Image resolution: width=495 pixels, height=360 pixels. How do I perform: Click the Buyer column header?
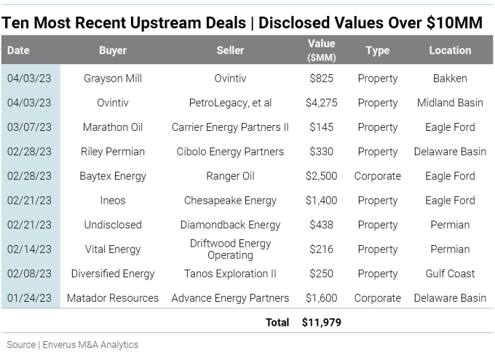112,50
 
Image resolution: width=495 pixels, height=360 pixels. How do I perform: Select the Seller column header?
230,50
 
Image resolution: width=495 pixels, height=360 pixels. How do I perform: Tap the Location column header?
449,50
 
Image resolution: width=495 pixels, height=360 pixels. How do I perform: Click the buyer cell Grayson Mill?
112,79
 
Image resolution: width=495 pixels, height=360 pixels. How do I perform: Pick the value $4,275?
321,103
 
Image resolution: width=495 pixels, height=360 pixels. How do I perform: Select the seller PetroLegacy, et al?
230,103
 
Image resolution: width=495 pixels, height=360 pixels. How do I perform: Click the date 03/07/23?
30,127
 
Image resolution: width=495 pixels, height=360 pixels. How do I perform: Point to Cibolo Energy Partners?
230,152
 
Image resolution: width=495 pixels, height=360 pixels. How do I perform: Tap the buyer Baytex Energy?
112,176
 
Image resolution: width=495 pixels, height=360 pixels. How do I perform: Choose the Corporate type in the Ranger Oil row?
377,176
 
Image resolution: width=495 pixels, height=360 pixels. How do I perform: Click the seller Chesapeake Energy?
230,201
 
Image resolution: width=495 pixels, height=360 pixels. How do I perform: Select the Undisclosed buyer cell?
112,225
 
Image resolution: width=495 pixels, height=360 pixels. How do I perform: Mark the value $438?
321,225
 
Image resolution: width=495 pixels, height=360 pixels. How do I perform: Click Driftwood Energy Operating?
230,249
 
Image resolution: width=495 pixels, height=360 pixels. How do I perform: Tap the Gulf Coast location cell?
449,273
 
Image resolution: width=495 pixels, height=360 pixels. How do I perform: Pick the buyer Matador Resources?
112,298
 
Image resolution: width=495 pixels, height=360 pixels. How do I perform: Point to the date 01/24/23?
30,298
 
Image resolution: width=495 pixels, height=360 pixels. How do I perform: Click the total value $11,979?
321,322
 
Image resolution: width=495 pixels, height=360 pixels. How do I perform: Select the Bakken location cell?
449,79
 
